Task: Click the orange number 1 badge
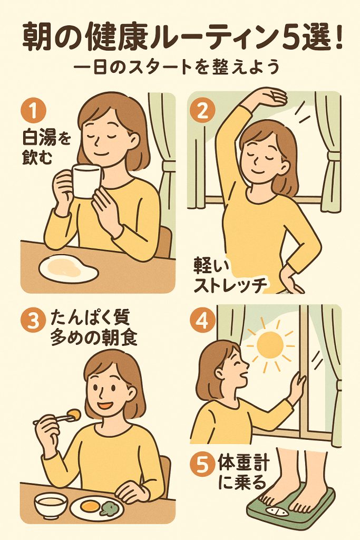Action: click(x=33, y=111)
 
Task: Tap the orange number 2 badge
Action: click(x=203, y=111)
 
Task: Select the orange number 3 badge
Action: click(x=33, y=322)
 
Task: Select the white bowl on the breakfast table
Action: click(x=51, y=506)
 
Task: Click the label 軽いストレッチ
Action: click(x=230, y=275)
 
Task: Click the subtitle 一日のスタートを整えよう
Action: click(x=176, y=67)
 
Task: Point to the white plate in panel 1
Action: click(x=69, y=268)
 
